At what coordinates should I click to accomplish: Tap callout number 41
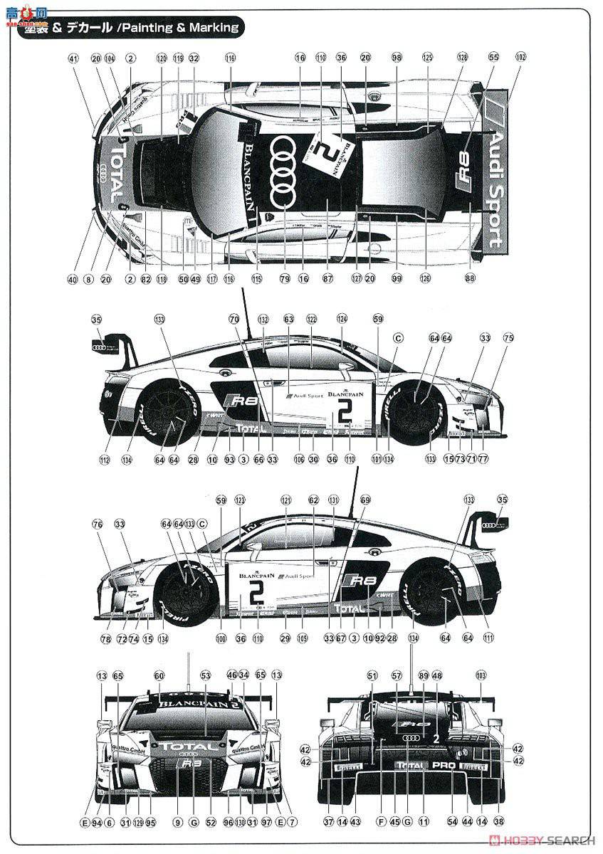coord(73,58)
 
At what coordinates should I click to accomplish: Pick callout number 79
coord(285,280)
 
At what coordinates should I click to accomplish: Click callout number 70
coord(234,320)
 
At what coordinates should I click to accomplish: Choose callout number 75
coord(508,339)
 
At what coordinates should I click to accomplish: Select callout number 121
coord(286,500)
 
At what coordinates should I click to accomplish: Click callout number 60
coord(159,676)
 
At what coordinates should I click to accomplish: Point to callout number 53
coord(206,676)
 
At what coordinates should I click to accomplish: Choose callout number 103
coord(481,676)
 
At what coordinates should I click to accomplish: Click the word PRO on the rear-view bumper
coord(443,766)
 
